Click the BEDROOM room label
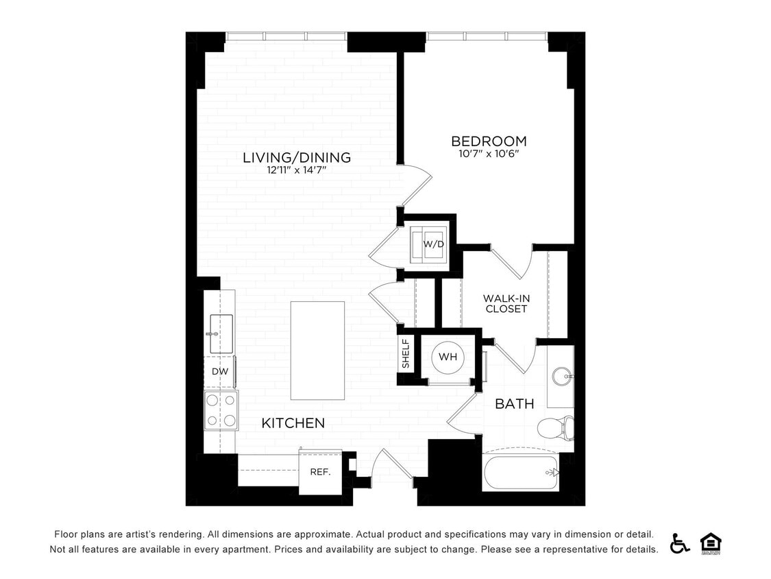[x=489, y=141]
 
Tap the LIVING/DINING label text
[x=297, y=158]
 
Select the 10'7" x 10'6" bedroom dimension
[x=489, y=154]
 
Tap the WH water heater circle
[x=448, y=357]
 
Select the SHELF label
[x=406, y=354]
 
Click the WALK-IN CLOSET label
[x=506, y=303]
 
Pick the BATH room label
[x=514, y=404]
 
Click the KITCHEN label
[x=293, y=423]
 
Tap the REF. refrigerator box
[x=320, y=472]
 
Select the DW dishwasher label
[x=219, y=372]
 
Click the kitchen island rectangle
[x=317, y=350]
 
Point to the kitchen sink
[x=220, y=333]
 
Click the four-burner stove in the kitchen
[x=221, y=410]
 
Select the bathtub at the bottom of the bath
[x=521, y=472]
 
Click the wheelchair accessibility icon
[x=679, y=543]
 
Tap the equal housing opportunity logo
[x=711, y=543]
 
